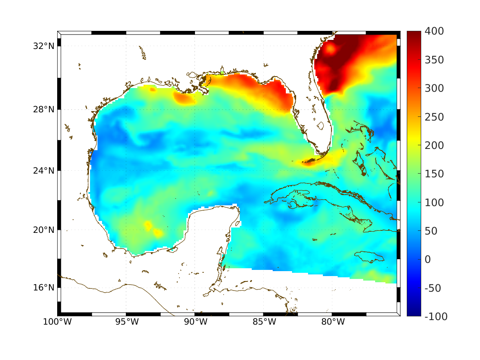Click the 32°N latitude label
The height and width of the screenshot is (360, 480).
pos(44,46)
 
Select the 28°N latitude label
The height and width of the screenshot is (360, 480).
pos(44,109)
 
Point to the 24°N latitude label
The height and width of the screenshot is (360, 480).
pos(44,170)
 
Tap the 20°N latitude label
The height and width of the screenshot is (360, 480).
pos(44,230)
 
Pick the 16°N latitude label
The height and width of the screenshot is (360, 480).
pos(44,287)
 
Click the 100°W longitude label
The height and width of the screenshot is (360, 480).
pos(57,322)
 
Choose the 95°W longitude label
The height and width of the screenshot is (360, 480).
pos(126,322)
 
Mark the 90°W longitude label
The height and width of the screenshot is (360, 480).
pos(195,322)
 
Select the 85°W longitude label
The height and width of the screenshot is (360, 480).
pos(264,322)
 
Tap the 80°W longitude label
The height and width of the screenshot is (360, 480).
pos(332,322)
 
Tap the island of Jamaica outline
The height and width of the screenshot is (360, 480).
pos(369,256)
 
